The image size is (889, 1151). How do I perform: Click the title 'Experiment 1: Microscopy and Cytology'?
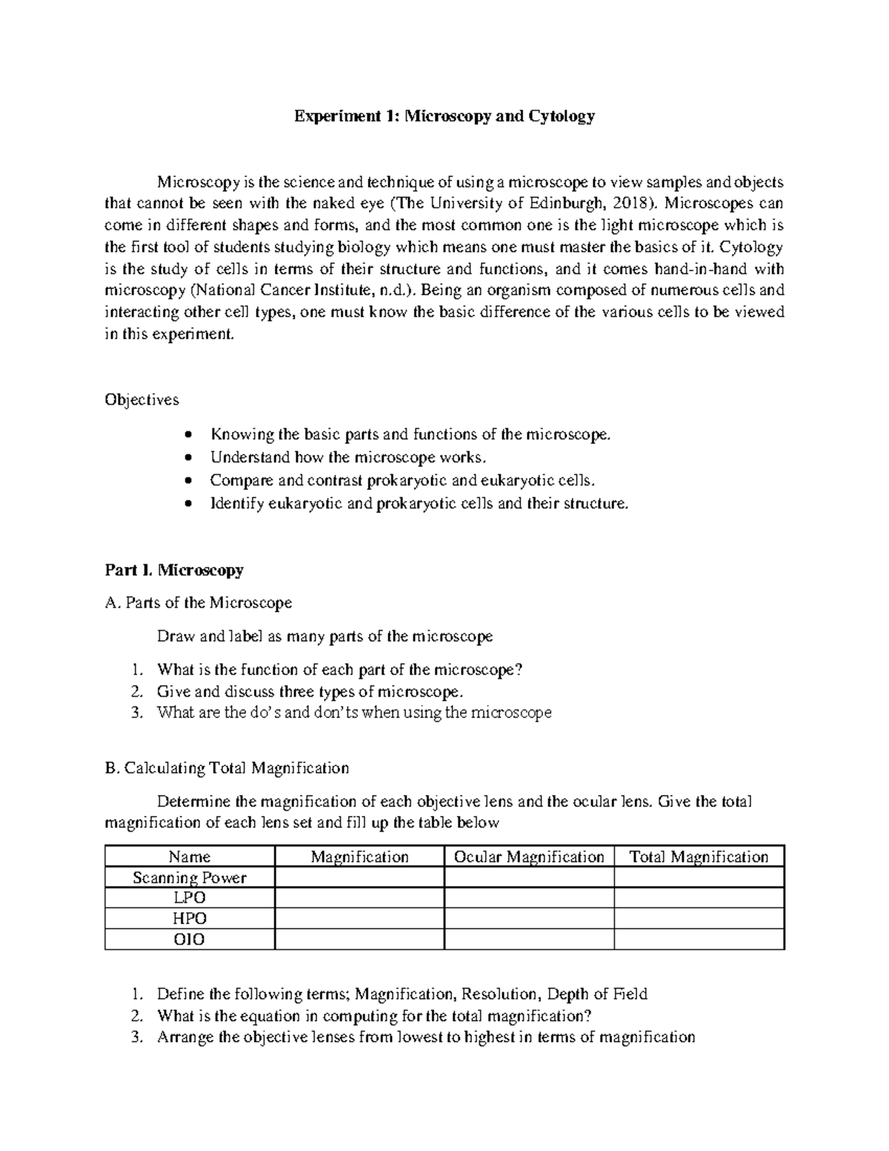tap(444, 116)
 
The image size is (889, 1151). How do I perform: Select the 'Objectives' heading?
tap(141, 399)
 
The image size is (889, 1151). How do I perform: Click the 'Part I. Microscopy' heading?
tap(174, 570)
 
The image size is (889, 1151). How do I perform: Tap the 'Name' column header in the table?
tap(190, 857)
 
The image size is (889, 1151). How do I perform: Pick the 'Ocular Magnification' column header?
tap(529, 857)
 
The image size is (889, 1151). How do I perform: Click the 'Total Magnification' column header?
tap(699, 857)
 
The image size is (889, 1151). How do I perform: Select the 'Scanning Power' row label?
tap(190, 878)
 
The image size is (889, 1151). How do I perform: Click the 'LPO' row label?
tap(190, 898)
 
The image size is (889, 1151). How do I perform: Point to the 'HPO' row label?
tap(190, 918)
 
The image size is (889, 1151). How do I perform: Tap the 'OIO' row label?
tap(190, 939)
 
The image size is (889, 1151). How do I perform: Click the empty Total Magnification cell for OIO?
tap(699, 939)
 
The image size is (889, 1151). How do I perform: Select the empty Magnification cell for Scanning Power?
tap(359, 878)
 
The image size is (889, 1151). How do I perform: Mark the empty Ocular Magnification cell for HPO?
tap(529, 918)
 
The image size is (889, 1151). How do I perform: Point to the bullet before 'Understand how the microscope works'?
tap(191, 457)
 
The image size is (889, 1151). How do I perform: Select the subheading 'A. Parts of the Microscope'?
tap(199, 603)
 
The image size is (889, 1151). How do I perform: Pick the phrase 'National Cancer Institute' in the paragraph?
tap(280, 290)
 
